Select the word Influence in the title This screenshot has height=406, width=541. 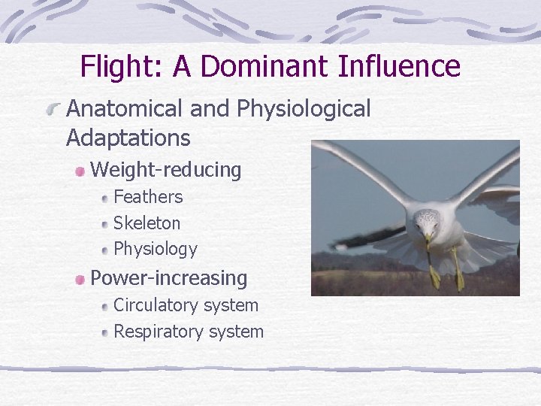[x=399, y=66]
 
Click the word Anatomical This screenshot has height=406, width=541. [x=125, y=109]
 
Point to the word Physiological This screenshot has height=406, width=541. [x=304, y=110]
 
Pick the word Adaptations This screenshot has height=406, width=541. [x=128, y=138]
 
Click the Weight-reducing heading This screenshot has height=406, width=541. [x=166, y=171]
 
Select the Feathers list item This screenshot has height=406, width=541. [x=148, y=197]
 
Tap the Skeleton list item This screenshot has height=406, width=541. [x=147, y=223]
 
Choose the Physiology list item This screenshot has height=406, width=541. [x=156, y=249]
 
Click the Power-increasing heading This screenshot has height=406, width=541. [x=169, y=278]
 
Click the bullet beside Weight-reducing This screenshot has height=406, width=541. [x=80, y=171]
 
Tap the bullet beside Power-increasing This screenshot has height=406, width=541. [x=80, y=279]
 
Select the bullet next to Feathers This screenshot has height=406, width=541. [x=104, y=198]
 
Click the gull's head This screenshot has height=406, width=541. [x=427, y=223]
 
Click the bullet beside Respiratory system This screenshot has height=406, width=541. [x=104, y=332]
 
